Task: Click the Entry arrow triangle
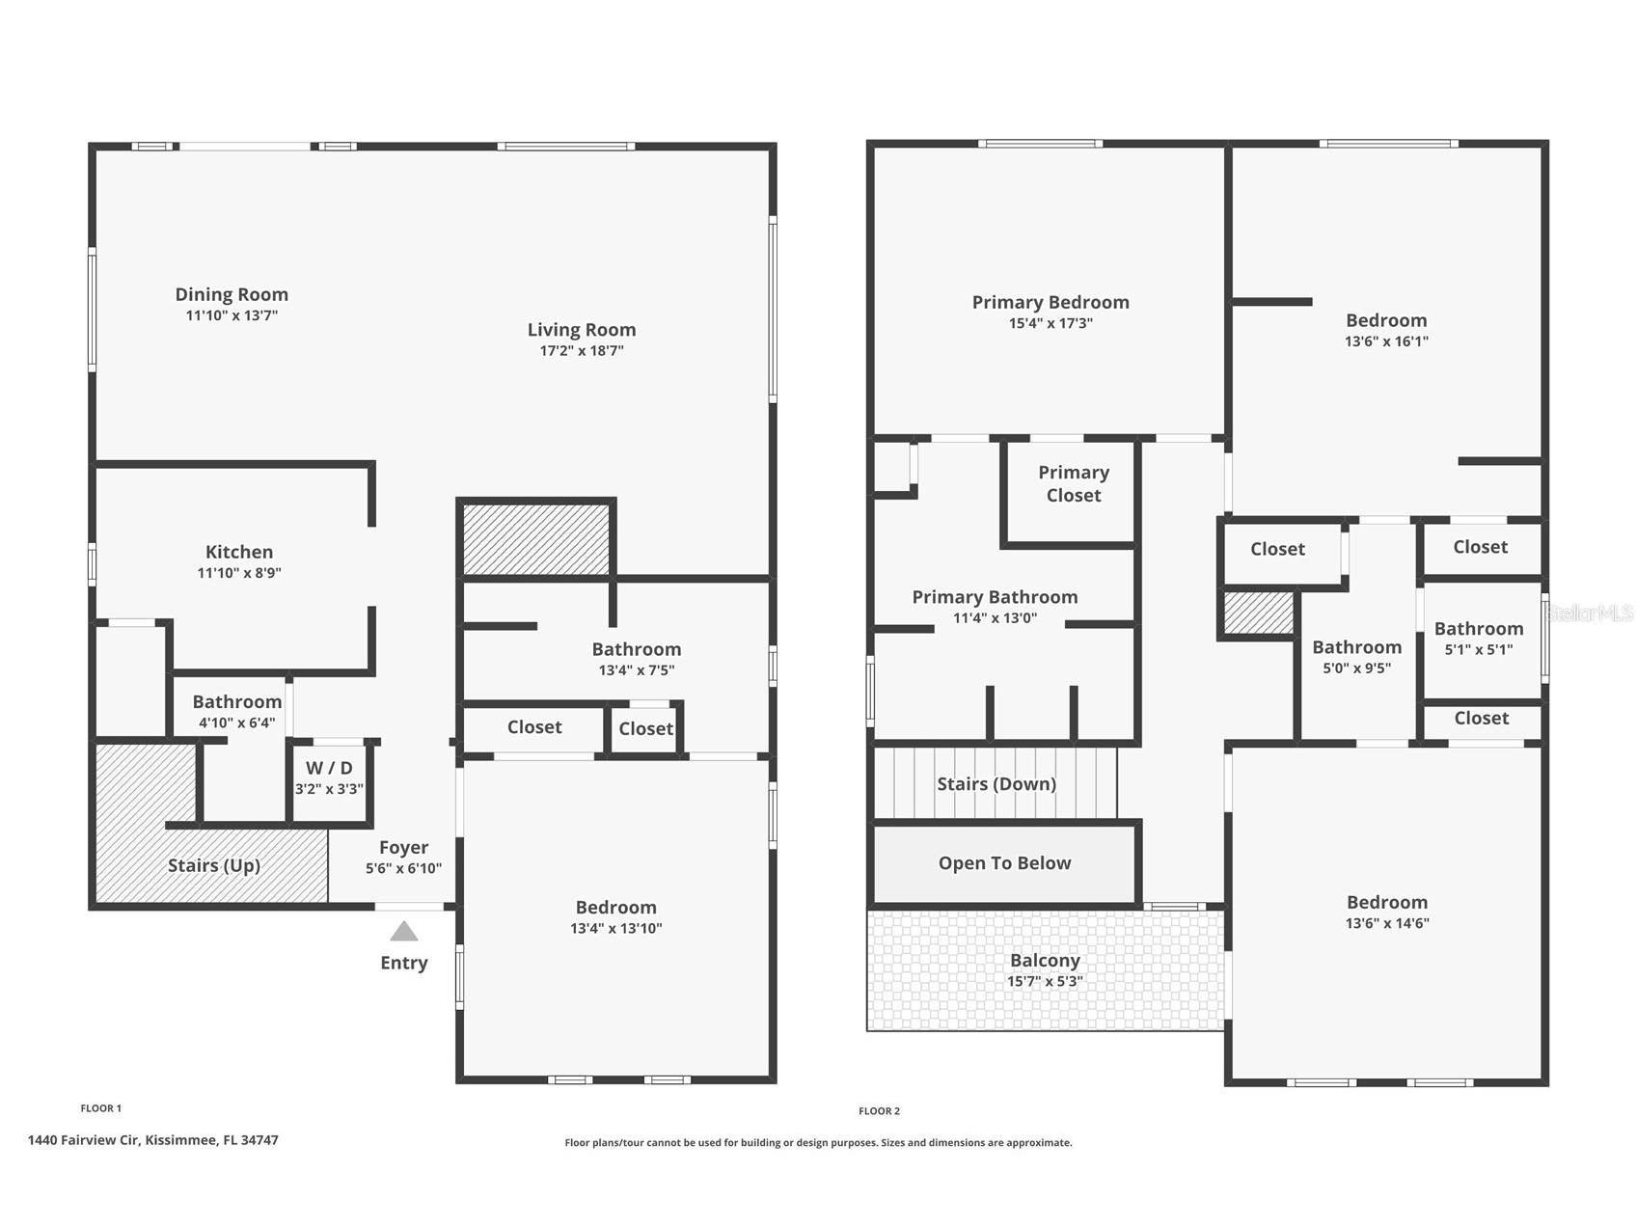[x=403, y=931]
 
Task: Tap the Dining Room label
[x=232, y=294]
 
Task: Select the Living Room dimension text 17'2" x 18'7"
[x=582, y=350]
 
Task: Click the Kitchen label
[x=239, y=552]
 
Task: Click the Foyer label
[x=403, y=847]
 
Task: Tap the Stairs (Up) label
[x=214, y=865]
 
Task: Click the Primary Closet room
[x=1071, y=492]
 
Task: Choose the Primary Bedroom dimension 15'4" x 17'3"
[x=1050, y=323]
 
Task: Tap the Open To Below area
[x=1004, y=863]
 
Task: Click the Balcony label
[x=1045, y=960]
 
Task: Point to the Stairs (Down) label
[x=996, y=783]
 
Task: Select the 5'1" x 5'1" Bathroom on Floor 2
[x=1480, y=640]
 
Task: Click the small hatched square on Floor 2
[x=1259, y=613]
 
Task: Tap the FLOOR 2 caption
[x=879, y=1111]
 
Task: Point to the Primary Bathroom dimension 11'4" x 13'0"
[x=995, y=618]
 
